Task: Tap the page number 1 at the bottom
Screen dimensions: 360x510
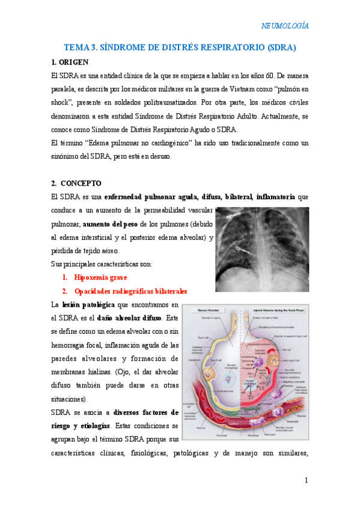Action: point(306,480)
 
